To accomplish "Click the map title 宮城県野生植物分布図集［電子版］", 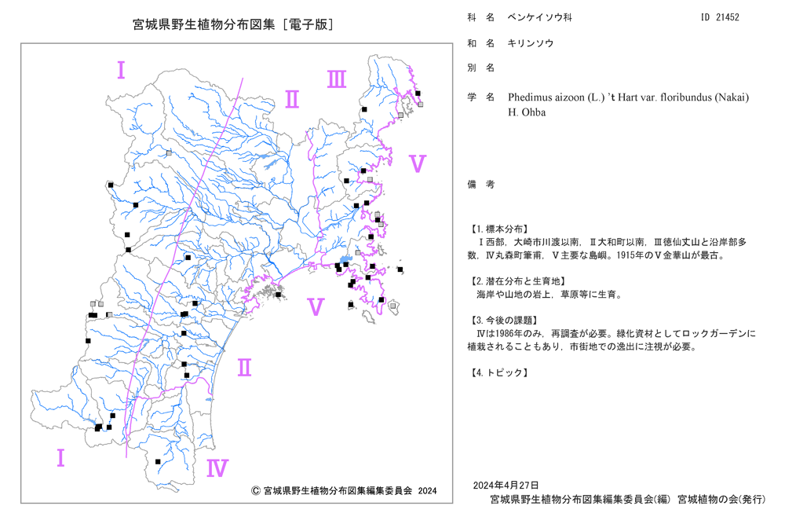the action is pos(233,24).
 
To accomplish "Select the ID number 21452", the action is pos(728,17).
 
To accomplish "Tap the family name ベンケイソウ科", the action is pos(540,17).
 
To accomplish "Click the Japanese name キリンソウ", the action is pos(531,43).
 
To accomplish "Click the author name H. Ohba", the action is pos(527,112).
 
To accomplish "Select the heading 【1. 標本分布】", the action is pos(498,229).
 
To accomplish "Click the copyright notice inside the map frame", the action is pos(344,490).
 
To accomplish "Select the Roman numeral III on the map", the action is pos(337,79).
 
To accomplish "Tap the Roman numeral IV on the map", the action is pos(217,468).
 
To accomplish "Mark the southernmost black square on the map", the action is pos(158,461).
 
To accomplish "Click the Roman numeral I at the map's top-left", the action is pos(121,70).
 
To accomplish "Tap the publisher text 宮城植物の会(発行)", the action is pos(721,499).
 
